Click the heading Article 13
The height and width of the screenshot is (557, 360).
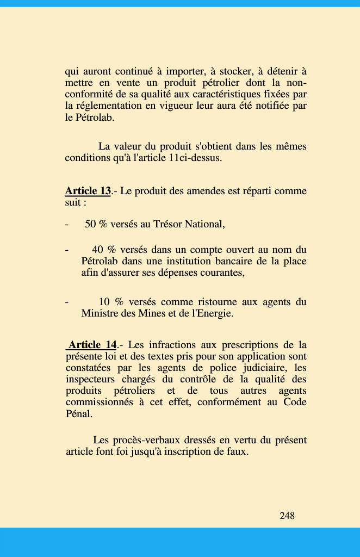coord(88,191)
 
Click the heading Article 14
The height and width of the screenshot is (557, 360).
coord(92,345)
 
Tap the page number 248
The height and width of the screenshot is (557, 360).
coord(287,516)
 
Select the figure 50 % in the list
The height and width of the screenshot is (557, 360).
coord(96,224)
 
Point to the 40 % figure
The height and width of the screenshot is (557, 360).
coord(104,250)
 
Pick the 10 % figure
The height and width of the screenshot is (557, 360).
coord(111,302)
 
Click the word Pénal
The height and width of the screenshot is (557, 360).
coord(78,413)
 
